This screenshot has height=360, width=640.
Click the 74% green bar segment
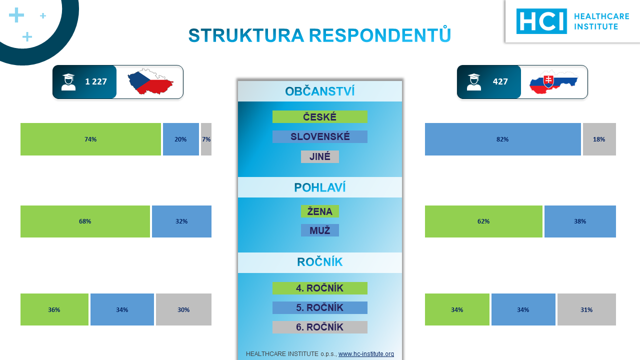90,139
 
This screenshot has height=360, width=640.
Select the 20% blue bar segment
181,139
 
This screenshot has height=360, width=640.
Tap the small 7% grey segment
206,139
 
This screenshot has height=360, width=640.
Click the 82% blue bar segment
503,139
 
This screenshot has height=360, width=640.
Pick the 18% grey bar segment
599,139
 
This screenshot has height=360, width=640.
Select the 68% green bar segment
85,221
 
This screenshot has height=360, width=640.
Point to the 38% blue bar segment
580,221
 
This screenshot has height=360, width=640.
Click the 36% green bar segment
54,309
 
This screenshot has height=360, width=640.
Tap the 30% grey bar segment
183,309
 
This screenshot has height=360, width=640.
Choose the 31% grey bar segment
586,309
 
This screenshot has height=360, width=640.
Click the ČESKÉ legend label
319,117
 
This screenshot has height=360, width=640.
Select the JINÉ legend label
319,156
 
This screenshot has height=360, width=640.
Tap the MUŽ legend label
319,230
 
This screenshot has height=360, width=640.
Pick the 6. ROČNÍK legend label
319,327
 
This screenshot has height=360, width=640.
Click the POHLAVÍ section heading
319,187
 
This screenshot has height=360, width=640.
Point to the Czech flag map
150,81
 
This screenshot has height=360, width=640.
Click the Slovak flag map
553,82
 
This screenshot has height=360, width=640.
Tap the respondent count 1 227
96,81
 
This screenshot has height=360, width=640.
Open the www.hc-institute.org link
366,353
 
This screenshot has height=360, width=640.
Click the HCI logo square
541,21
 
